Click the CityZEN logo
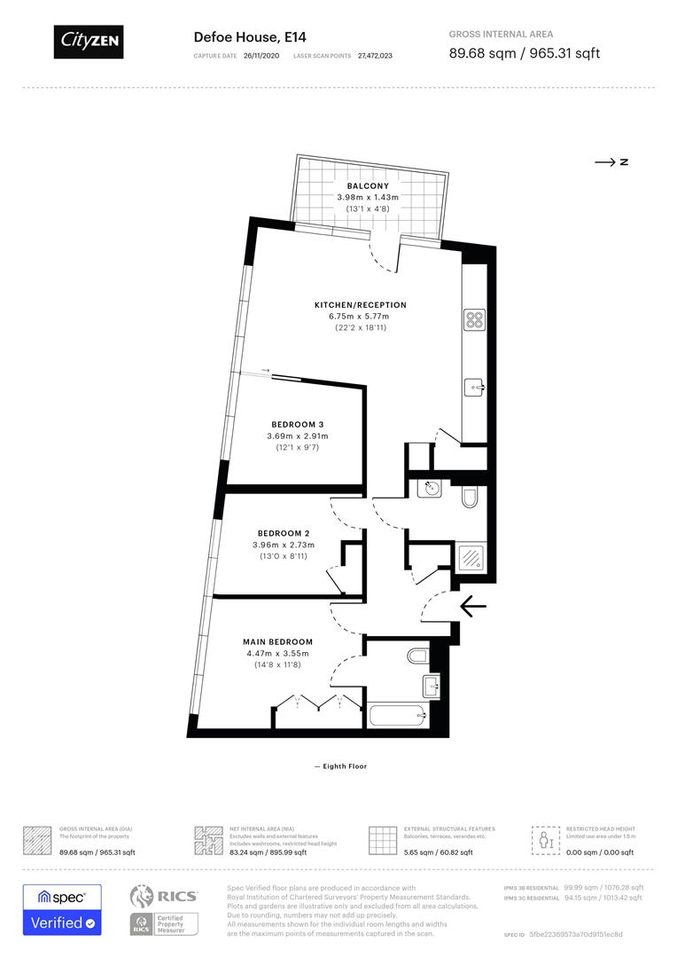[89, 41]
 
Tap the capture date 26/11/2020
[261, 56]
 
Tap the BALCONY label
[367, 186]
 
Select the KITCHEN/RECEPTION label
[360, 305]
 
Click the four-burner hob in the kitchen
[473, 319]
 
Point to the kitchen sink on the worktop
[473, 387]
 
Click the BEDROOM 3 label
[297, 425]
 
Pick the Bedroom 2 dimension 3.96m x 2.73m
[284, 545]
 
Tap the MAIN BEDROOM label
[277, 641]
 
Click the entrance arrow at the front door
[474, 606]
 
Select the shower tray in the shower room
[470, 556]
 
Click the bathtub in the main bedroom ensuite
[396, 714]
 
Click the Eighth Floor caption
[340, 766]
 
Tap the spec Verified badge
[62, 909]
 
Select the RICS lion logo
[146, 897]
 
